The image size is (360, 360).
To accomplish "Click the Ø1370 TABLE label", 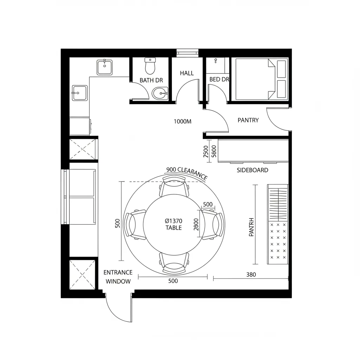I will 173,224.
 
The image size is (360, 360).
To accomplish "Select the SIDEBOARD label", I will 252,170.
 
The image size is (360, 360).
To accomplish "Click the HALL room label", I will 187,73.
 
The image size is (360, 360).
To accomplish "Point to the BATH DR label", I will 151,80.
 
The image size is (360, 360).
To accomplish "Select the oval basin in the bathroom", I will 160,93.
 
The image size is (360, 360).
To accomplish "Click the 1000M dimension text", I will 183,122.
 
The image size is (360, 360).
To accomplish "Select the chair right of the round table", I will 213,224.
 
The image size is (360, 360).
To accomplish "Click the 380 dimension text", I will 251,275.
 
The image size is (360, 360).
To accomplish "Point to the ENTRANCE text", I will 118,272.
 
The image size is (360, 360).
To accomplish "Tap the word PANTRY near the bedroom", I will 248,120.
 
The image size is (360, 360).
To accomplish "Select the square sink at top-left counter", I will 105,67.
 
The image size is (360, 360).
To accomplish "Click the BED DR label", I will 219,79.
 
